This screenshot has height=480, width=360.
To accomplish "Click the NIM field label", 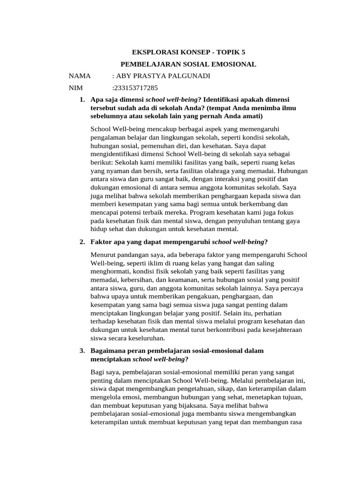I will point(75,88).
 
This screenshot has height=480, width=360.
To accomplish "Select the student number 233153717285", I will point(136,88).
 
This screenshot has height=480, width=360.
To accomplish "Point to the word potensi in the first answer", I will point(135,212).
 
